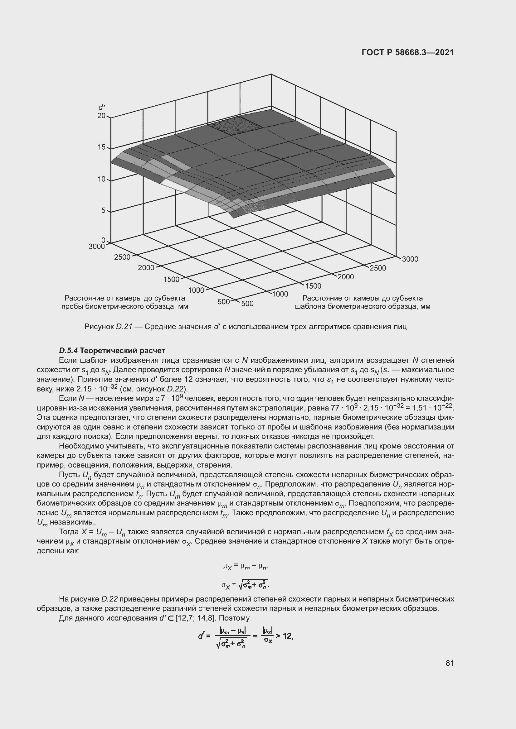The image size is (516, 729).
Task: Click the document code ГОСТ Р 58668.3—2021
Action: tap(408, 52)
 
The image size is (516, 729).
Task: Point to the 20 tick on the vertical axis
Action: tap(101, 116)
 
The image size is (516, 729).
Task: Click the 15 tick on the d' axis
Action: tap(101, 147)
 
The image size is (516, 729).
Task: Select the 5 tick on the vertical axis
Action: tap(103, 210)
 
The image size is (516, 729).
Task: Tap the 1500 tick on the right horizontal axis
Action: tap(313, 286)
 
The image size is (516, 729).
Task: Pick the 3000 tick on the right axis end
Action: tap(410, 259)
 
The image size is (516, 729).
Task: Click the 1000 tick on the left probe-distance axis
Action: tap(196, 290)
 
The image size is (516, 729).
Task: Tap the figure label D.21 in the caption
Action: tap(124, 326)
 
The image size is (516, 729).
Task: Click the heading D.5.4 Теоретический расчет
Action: tap(112, 351)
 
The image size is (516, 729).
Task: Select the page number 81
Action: tap(450, 663)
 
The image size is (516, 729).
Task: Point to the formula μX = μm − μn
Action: tap(246, 566)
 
